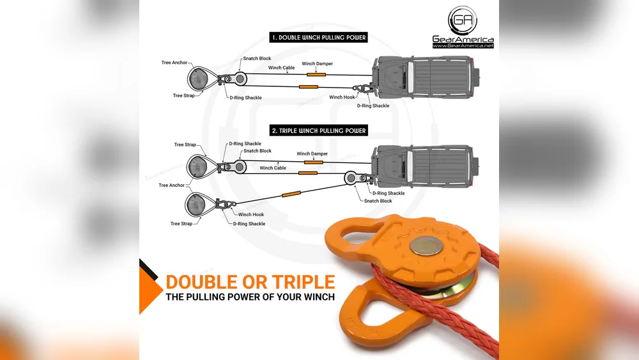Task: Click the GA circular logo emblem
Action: (x=463, y=20)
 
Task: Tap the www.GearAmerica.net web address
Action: (x=463, y=45)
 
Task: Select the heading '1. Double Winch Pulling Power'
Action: (x=319, y=38)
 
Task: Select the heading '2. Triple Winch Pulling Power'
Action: (x=319, y=130)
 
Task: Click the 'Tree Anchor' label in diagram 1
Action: (x=174, y=63)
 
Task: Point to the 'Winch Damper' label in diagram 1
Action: (x=317, y=63)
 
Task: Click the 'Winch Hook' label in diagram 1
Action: (x=342, y=97)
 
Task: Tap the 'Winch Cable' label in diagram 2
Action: (x=273, y=168)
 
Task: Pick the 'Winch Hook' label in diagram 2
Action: (x=251, y=214)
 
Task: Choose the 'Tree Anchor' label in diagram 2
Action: (x=171, y=185)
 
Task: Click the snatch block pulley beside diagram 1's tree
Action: (x=240, y=78)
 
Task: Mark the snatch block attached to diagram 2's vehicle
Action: (x=351, y=178)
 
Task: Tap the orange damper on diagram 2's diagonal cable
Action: (x=291, y=194)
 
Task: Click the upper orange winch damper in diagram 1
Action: (x=316, y=75)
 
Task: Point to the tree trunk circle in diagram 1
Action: (x=198, y=78)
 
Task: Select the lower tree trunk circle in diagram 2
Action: (x=196, y=205)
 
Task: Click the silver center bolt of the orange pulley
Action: (x=426, y=246)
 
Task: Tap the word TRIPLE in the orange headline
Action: (x=303, y=282)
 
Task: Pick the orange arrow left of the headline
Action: (x=150, y=290)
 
